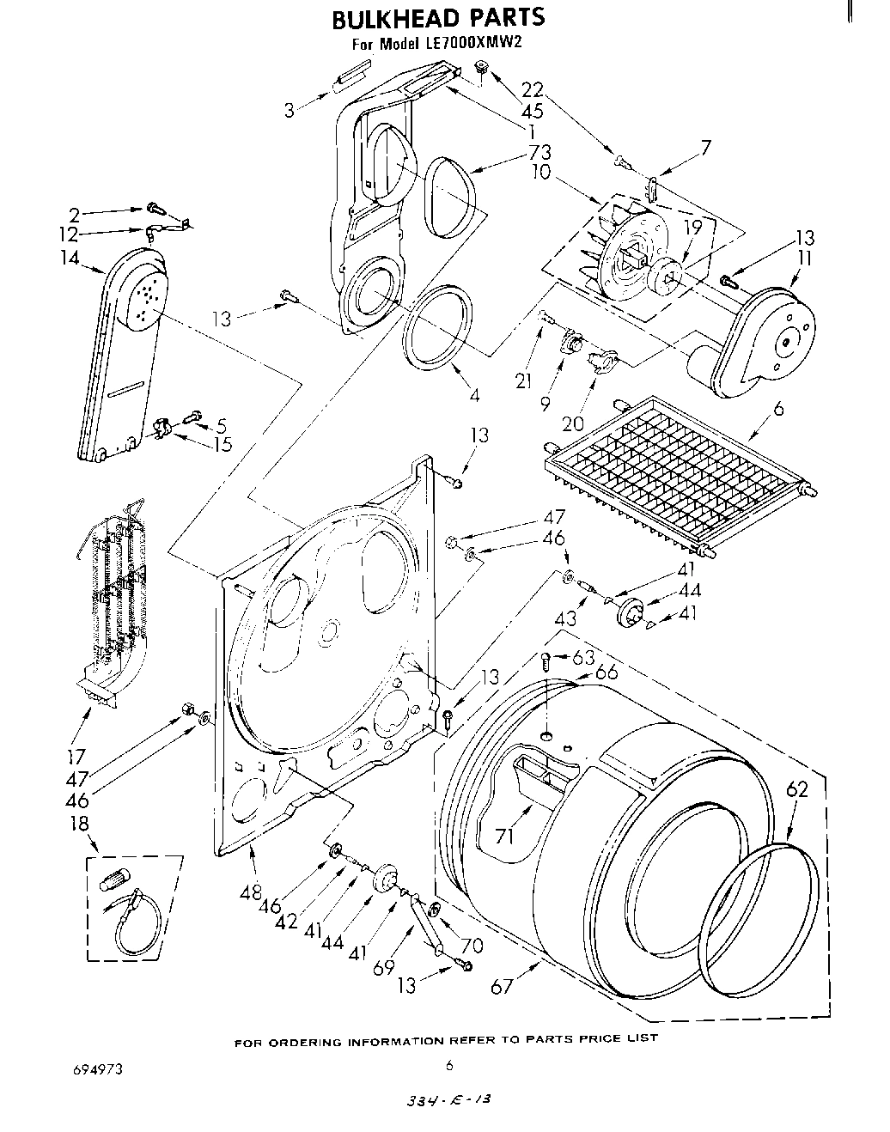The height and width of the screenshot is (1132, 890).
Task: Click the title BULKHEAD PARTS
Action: click(437, 16)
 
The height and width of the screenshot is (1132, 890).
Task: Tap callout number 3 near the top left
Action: click(290, 109)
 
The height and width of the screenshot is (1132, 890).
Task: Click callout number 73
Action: click(539, 153)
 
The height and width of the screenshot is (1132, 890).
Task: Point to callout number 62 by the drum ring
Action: click(797, 789)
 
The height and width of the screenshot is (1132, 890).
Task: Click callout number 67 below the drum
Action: click(502, 987)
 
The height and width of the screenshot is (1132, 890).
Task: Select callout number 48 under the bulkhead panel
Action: click(251, 892)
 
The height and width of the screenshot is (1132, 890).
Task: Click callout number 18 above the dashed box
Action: click(79, 824)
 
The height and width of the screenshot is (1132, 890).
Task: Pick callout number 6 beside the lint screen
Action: click(777, 410)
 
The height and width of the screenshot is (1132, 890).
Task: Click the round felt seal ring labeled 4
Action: click(438, 331)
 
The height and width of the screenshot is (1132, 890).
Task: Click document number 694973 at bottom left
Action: click(97, 1069)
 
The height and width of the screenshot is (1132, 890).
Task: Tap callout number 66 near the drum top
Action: click(606, 673)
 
